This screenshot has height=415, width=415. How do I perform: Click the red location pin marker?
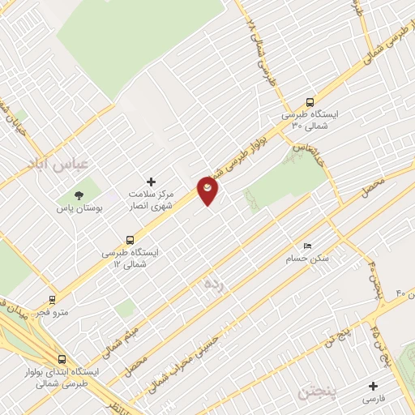coord(209,190)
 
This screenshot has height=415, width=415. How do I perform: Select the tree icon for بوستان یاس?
coord(79,195)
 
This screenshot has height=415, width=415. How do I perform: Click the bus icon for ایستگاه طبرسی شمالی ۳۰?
coord(309,102)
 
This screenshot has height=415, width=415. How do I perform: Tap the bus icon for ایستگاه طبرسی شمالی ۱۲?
coord(130,240)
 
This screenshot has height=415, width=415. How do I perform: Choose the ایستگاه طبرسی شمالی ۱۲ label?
coord(130,259)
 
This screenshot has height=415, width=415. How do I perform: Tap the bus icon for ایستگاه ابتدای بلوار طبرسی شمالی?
coord(62,359)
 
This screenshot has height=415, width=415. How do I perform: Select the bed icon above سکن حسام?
coord(306,246)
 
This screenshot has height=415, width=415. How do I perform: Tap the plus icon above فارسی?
coord(373,386)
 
